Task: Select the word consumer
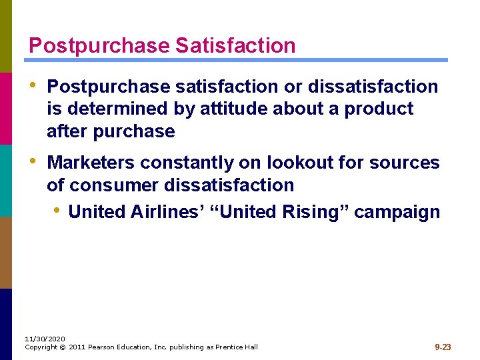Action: (113, 185)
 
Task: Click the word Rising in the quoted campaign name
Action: (313, 212)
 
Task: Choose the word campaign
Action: (397, 212)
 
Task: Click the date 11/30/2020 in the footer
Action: (41, 339)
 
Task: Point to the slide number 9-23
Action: (443, 347)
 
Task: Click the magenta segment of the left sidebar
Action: (6, 108)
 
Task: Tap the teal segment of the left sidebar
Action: (6, 180)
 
